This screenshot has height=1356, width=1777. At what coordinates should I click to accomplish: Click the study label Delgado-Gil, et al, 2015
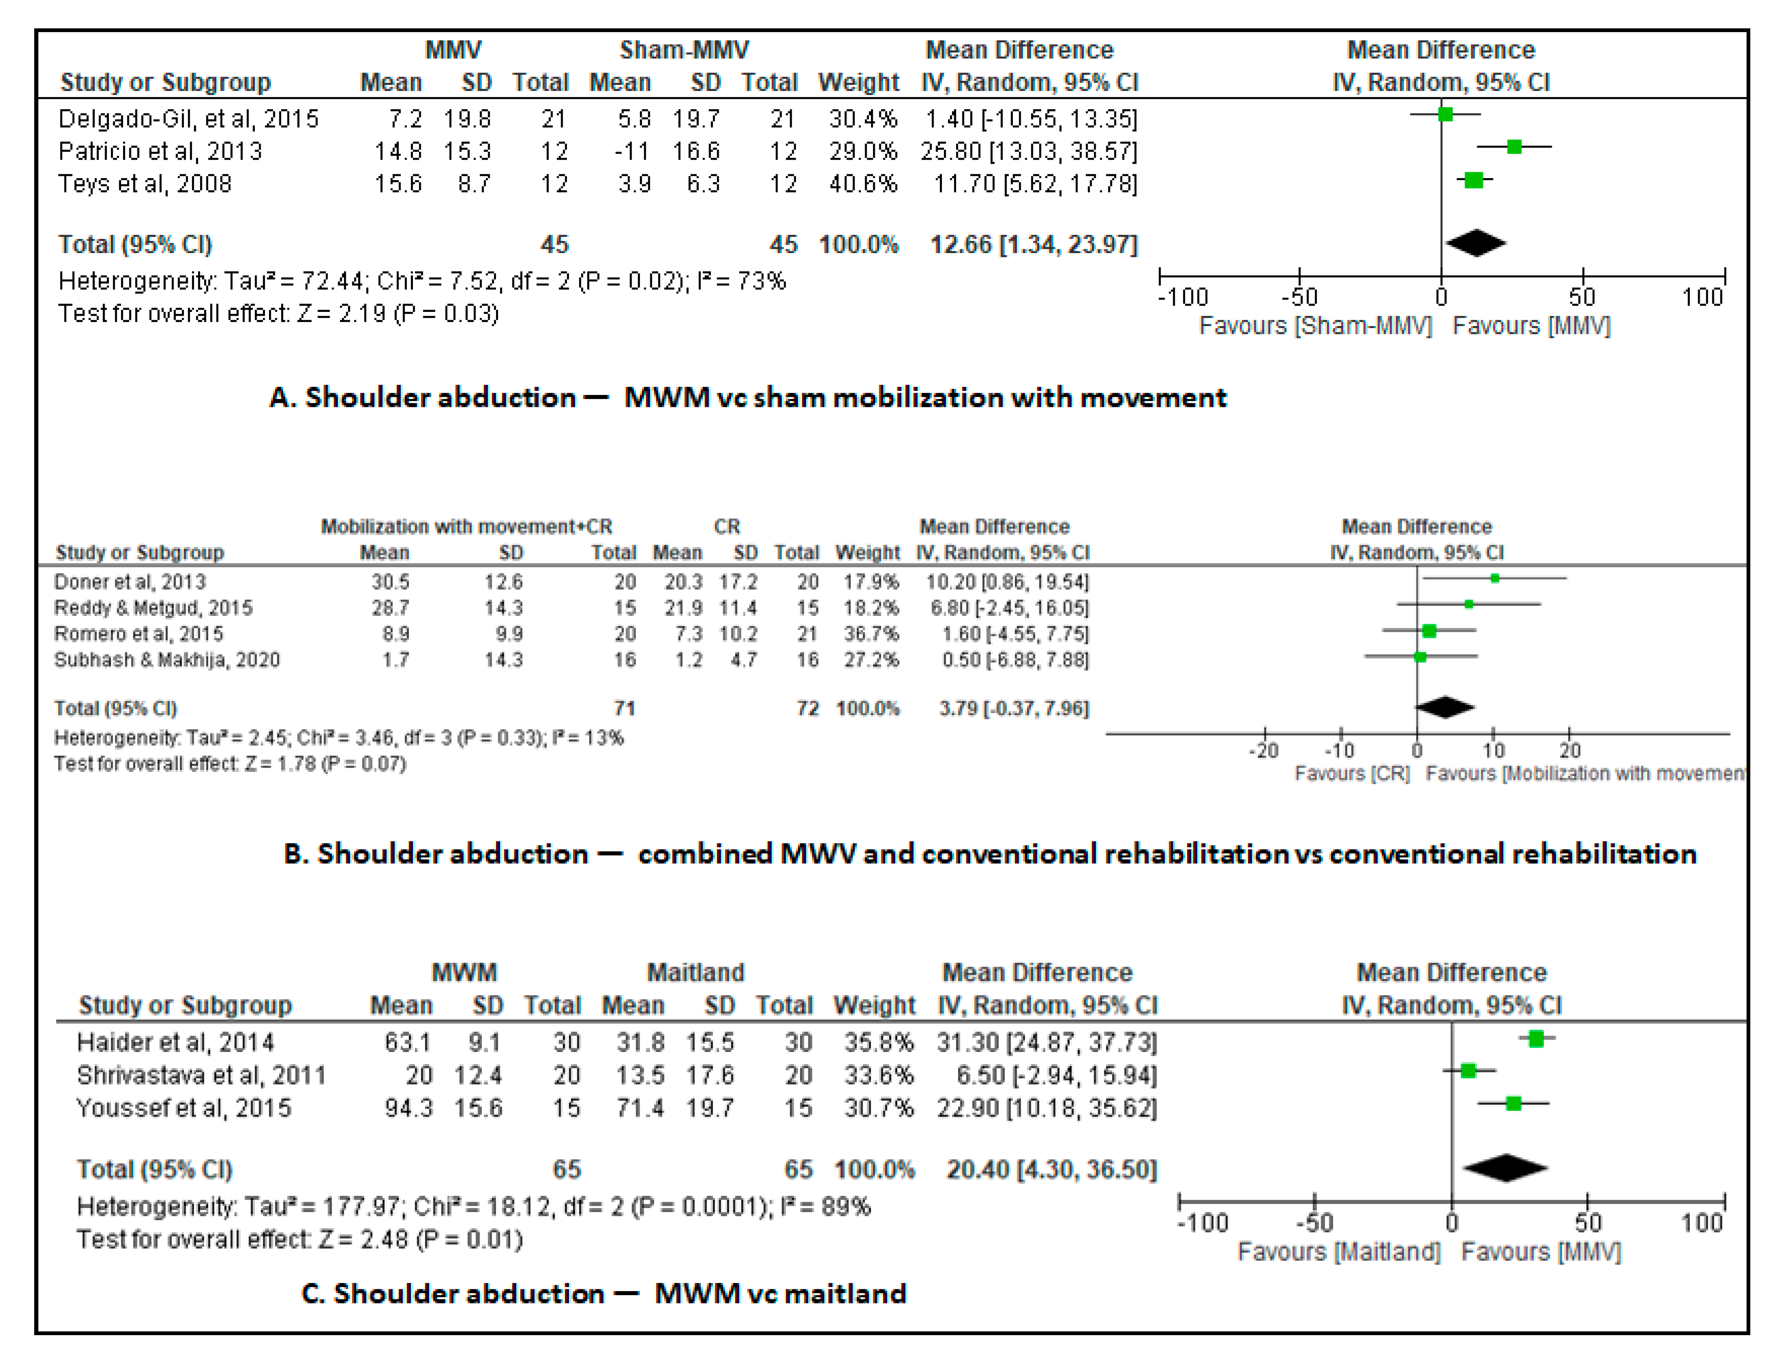pos(188,119)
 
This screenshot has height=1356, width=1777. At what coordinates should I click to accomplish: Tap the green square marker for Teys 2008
pos(1473,180)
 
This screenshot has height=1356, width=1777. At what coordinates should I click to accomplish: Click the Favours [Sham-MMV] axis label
pos(1315,326)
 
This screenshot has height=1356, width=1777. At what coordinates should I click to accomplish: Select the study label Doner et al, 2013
pos(130,582)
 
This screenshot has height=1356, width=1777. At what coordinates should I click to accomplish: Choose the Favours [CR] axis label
pos(1352,773)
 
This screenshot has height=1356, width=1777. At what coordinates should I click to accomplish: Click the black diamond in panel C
pos(1505,1168)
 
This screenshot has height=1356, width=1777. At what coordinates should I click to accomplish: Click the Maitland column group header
pos(695,973)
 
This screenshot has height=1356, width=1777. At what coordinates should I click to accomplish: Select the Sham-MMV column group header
pos(684,50)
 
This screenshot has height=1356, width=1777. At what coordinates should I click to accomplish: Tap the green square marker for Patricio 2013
pos(1515,147)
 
